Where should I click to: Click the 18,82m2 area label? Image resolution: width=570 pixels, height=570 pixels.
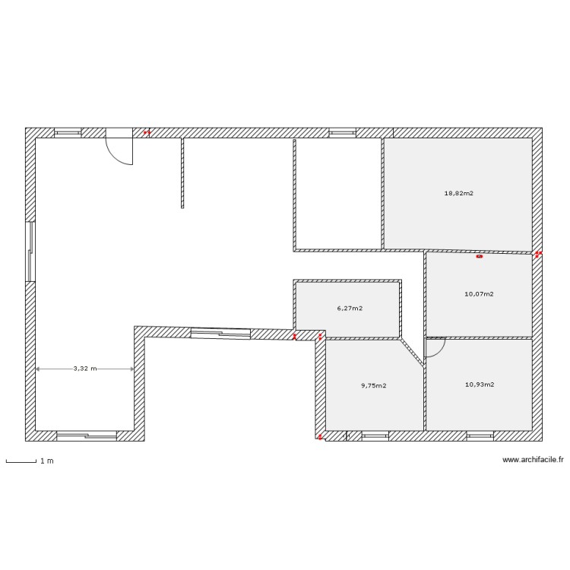tap(459, 193)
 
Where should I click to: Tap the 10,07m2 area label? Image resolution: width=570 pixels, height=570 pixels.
tap(479, 293)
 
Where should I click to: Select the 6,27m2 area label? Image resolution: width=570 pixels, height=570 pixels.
tap(350, 309)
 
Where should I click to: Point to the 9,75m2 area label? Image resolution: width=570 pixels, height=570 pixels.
tap(373, 385)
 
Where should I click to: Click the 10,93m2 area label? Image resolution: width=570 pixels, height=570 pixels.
tap(480, 385)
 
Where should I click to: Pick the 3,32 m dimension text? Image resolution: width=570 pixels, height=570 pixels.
tap(85, 369)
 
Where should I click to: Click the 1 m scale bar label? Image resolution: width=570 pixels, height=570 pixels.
tap(47, 461)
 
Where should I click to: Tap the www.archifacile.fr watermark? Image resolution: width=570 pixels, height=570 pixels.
tap(533, 459)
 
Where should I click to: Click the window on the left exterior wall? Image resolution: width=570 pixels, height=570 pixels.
tap(30, 251)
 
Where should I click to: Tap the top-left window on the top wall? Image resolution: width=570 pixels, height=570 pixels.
tap(68, 132)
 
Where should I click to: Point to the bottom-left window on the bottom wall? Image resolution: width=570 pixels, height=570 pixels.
tap(87, 435)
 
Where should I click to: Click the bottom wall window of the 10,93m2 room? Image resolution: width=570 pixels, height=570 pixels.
tap(480, 435)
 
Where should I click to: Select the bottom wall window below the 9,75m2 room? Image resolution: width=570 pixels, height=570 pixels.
tap(375, 435)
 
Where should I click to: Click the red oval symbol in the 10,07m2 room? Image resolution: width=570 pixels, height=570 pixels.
tap(479, 257)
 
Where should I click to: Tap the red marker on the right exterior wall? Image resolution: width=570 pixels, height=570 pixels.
tap(538, 254)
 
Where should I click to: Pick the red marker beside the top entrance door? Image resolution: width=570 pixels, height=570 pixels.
tap(147, 132)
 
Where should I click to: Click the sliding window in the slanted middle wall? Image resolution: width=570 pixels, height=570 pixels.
tap(220, 332)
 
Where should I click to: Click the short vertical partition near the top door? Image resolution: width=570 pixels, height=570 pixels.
tap(182, 173)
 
